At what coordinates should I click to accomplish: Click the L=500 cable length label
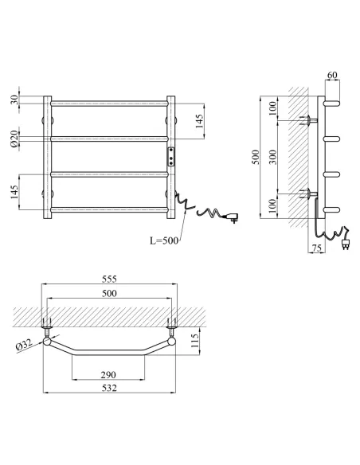[164, 240]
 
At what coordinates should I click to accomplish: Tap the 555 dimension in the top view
[109, 279]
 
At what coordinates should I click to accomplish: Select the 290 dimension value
[108, 375]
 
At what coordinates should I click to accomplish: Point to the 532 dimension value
[109, 388]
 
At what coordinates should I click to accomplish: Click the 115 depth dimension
[194, 341]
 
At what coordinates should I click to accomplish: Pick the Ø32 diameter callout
[24, 346]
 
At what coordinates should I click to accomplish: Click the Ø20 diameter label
[14, 139]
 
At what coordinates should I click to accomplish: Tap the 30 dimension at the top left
[14, 100]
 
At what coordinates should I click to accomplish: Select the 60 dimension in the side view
[332, 75]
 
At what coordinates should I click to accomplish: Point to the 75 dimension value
[317, 248]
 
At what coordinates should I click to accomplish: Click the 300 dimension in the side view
[273, 157]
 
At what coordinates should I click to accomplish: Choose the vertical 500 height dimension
[256, 157]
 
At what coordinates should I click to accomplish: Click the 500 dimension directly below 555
[109, 293]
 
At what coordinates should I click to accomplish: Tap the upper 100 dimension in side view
[273, 108]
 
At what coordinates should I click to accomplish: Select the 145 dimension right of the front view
[199, 121]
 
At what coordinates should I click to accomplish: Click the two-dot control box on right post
[170, 157]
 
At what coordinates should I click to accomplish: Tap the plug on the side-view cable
[346, 243]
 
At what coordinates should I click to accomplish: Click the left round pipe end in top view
[47, 342]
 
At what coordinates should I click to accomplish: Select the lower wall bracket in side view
[309, 194]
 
